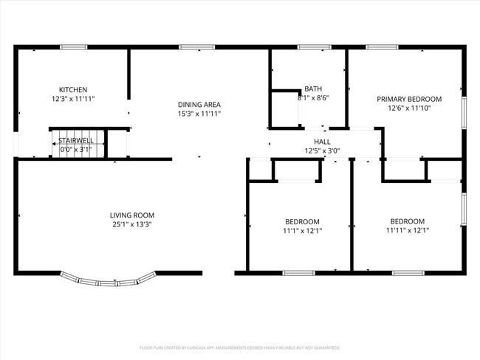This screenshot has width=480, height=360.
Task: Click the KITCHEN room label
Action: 73,89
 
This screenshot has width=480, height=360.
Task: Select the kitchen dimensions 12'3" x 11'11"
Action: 73,98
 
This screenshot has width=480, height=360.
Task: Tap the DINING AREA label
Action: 199,104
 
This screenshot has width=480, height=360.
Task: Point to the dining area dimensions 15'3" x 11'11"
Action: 199,114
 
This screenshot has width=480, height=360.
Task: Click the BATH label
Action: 313,88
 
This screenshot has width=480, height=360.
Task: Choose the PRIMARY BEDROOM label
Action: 409,99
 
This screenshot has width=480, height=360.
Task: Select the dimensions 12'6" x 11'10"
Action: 409,108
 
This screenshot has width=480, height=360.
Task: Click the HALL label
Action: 322,142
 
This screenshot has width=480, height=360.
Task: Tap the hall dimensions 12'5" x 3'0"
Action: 322,151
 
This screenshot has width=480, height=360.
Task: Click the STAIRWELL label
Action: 75,140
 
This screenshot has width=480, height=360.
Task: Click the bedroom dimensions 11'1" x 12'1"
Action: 303,231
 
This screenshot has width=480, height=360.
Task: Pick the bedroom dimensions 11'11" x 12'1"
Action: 407,230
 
